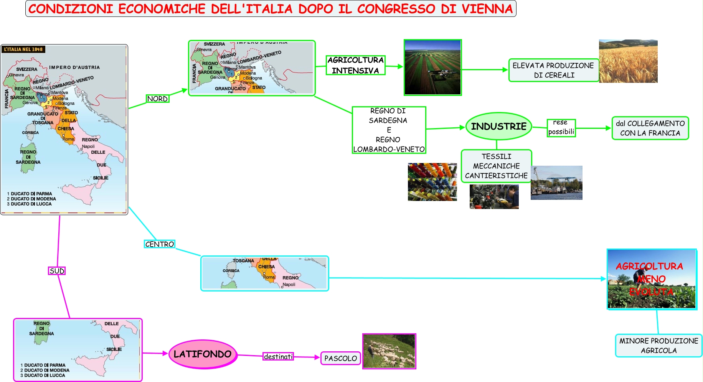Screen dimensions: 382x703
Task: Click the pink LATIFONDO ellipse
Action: (203, 354)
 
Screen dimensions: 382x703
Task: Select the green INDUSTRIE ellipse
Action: (498, 126)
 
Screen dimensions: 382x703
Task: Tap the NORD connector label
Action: (157, 99)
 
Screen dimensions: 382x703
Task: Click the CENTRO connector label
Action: (160, 244)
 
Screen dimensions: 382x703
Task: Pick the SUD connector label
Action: (57, 271)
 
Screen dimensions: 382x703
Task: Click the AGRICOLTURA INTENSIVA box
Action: (355, 65)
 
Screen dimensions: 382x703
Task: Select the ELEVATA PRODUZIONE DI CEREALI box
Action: (553, 70)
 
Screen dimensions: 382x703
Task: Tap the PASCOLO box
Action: (340, 358)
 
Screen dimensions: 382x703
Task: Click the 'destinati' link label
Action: (278, 357)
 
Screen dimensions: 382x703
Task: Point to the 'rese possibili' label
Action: (561, 127)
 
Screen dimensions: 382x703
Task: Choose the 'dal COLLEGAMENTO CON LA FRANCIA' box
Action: (650, 128)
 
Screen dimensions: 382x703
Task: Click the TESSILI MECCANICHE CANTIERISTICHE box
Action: (496, 166)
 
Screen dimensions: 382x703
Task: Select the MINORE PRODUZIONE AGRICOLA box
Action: (658, 346)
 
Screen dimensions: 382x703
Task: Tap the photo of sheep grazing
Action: (389, 351)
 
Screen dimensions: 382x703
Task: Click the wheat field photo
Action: (628, 61)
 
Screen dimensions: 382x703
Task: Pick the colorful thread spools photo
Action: (432, 182)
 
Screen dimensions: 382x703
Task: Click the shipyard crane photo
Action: (556, 183)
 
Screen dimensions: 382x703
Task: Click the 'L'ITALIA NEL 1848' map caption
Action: (23, 49)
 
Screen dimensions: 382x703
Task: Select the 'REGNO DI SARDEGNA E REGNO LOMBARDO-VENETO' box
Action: (389, 130)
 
